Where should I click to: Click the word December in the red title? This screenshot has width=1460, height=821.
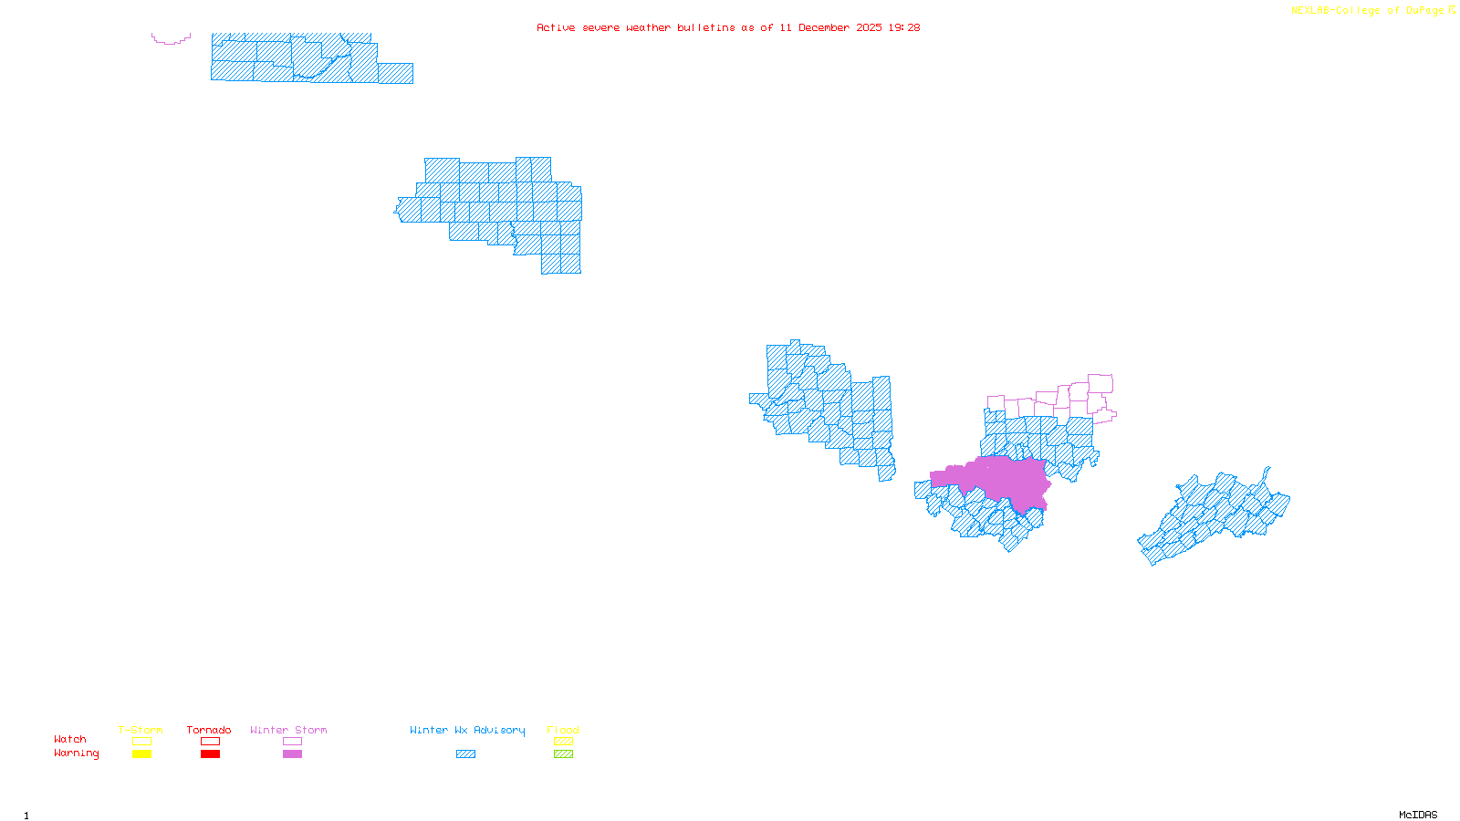824,27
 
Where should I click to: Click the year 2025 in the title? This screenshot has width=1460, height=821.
869,27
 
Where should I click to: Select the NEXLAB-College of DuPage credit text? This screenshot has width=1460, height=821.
1367,11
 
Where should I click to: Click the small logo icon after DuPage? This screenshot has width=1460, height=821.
1453,10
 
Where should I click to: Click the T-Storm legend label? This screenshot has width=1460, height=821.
141,730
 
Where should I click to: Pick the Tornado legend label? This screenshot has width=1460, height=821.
209,730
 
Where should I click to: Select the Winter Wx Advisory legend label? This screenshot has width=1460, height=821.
467,730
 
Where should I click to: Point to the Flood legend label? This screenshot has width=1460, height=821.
563,730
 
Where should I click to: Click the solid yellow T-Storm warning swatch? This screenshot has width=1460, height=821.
141,754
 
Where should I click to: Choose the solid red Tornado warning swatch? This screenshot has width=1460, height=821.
210,754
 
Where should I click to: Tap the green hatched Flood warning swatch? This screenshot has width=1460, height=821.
563,754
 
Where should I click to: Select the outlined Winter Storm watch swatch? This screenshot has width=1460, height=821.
292,742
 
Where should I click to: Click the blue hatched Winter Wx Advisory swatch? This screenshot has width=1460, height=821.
465,754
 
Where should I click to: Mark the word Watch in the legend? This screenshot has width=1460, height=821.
70,739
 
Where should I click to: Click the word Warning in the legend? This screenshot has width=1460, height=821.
76,753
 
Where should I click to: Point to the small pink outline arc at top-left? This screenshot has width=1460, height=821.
171,40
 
